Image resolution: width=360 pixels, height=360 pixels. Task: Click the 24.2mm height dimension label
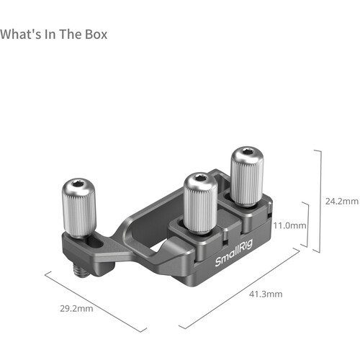pos(342,199)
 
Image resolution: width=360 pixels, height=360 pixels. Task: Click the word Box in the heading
pos(94,34)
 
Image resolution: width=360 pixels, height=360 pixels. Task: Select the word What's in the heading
pos(19,34)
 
